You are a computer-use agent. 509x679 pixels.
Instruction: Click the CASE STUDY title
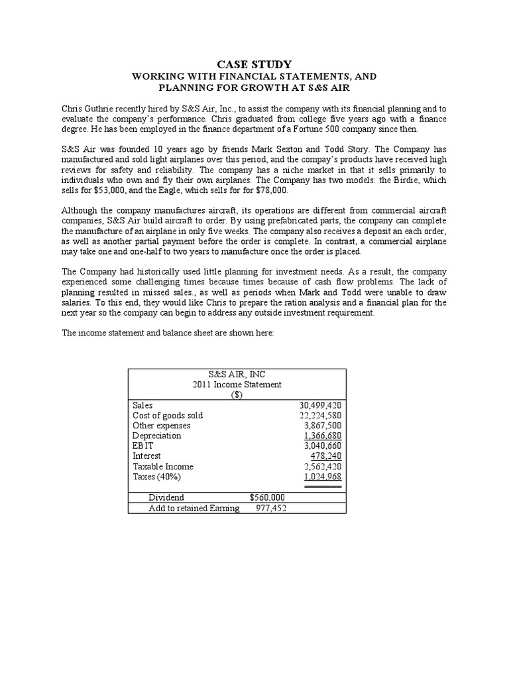(x=254, y=64)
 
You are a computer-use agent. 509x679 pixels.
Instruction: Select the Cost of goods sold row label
(x=168, y=416)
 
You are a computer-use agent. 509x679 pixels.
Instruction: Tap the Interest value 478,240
(x=325, y=456)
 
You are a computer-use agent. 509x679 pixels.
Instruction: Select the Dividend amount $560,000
(x=267, y=497)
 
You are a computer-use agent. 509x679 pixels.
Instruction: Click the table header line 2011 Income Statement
(x=237, y=385)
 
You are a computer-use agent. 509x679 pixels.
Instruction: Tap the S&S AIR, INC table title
(x=237, y=375)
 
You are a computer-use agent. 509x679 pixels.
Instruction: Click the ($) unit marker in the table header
(x=237, y=395)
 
